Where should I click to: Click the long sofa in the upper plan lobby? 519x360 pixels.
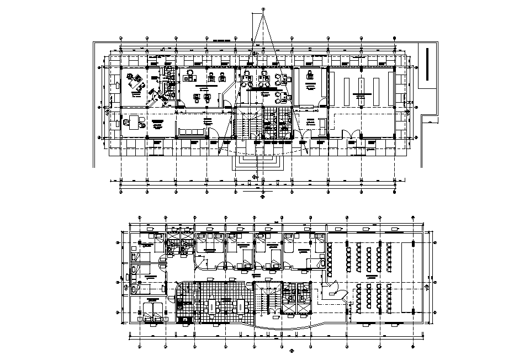[190, 131]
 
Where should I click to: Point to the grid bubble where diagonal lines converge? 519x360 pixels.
[263, 9]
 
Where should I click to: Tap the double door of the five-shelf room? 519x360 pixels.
[350, 134]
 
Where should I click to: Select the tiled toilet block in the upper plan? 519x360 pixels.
[275, 123]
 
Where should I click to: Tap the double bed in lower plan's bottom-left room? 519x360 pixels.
[152, 311]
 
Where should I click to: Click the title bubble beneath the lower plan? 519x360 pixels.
[292, 349]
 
